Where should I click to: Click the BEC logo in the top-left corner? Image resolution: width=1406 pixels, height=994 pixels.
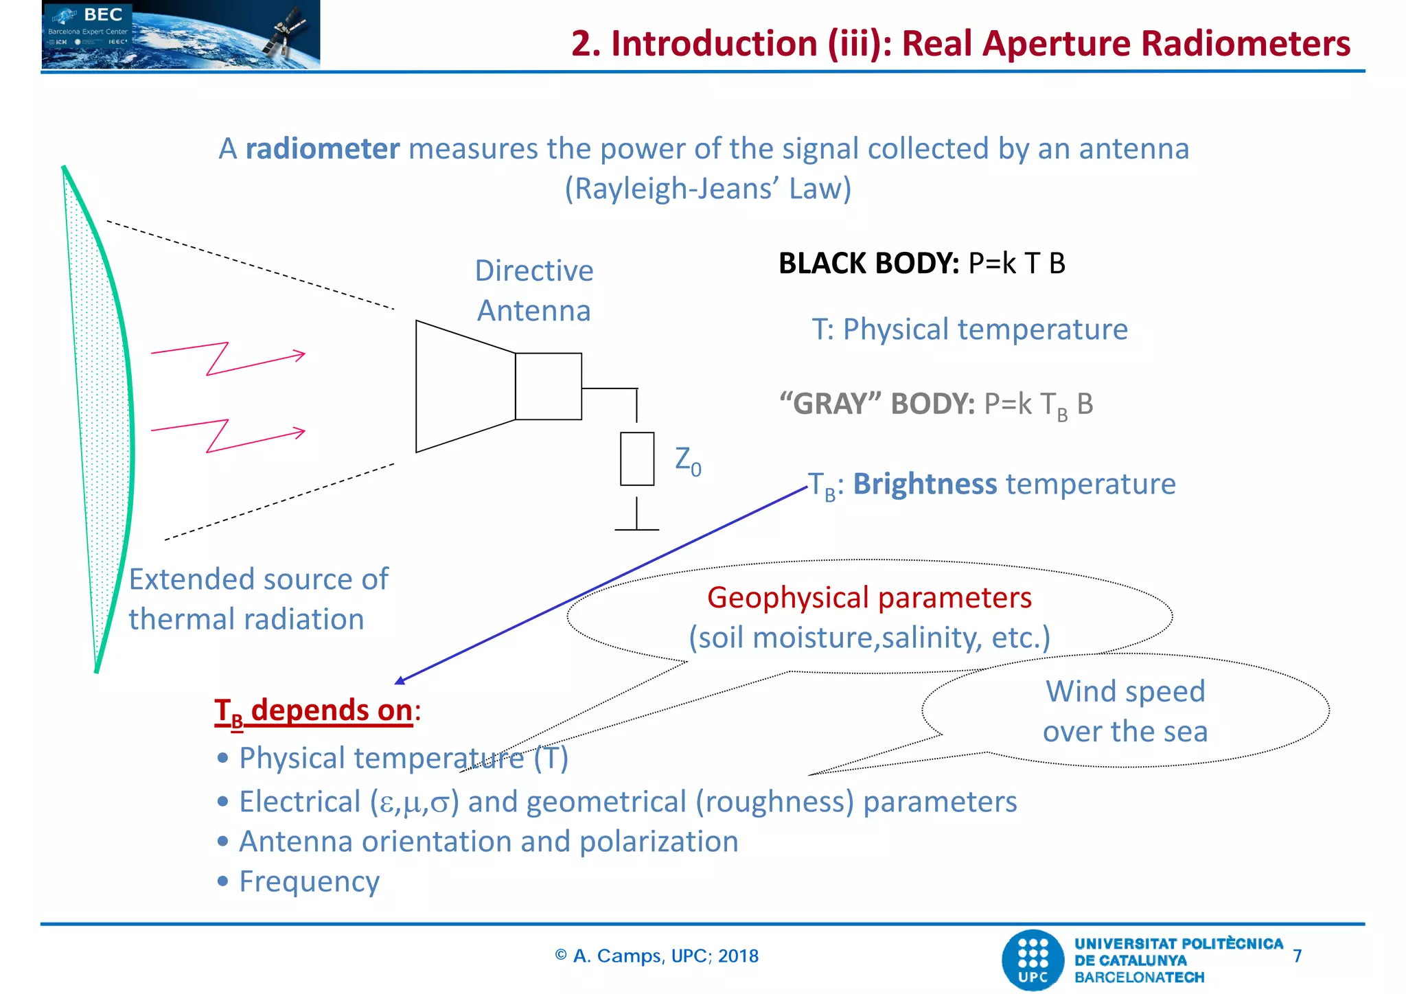pyautogui.click(x=180, y=34)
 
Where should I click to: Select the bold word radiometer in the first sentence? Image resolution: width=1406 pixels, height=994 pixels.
pyautogui.click(x=322, y=149)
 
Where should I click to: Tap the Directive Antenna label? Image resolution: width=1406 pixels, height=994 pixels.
pyautogui.click(x=534, y=290)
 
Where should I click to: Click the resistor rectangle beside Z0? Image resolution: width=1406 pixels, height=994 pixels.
pyautogui.click(x=636, y=459)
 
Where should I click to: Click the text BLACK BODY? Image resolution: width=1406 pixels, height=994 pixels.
pyautogui.click(x=868, y=264)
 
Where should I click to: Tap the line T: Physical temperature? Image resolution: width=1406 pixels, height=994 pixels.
pyautogui.click(x=969, y=330)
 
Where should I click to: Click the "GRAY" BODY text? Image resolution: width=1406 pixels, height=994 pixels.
pyautogui.click(x=877, y=404)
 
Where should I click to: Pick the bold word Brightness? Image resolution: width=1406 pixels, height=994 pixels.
pyautogui.click(x=924, y=484)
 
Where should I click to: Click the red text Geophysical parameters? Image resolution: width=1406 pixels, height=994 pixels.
pyautogui.click(x=869, y=598)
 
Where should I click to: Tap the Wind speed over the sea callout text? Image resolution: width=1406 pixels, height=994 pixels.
pyautogui.click(x=1125, y=711)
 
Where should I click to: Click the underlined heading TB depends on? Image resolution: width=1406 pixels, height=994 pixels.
pyautogui.click(x=314, y=710)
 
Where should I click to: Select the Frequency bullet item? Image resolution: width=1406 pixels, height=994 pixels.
pyautogui.click(x=309, y=881)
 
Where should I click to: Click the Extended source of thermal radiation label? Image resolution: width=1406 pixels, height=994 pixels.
pyautogui.click(x=257, y=599)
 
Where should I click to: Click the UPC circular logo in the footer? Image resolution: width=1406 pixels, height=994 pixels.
pyautogui.click(x=1033, y=960)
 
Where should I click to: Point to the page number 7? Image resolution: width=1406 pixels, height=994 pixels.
pyautogui.click(x=1297, y=956)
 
